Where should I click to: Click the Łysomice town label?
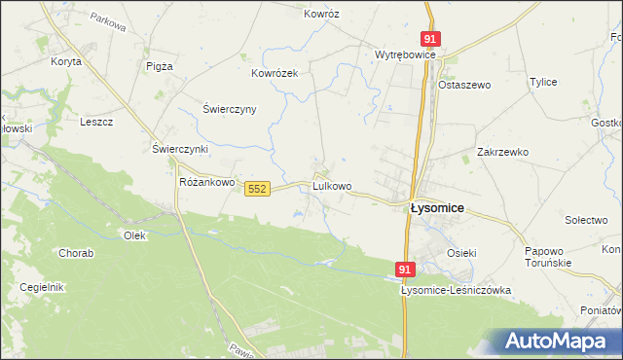click(436, 208)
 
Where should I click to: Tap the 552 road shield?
click(257, 188)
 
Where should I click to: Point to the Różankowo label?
click(208, 182)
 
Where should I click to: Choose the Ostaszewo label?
click(463, 85)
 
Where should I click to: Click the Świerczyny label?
click(229, 109)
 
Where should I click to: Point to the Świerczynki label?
click(181, 149)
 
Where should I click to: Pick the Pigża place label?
click(159, 66)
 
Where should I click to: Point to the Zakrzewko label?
click(502, 152)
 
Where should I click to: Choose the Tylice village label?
click(542, 82)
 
